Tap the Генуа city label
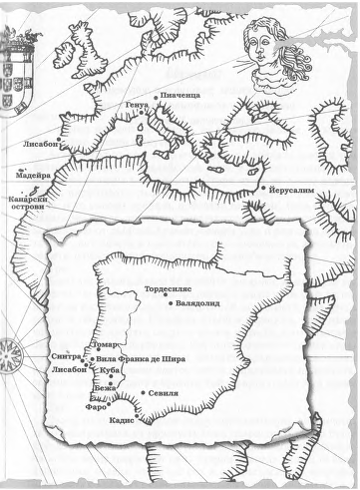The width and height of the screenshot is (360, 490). pos(138,106)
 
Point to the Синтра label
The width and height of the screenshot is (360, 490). pos(65,356)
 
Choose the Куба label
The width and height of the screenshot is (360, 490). pos(112,370)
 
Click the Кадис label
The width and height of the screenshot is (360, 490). pos(135,420)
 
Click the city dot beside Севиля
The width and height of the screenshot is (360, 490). pos(140,393)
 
